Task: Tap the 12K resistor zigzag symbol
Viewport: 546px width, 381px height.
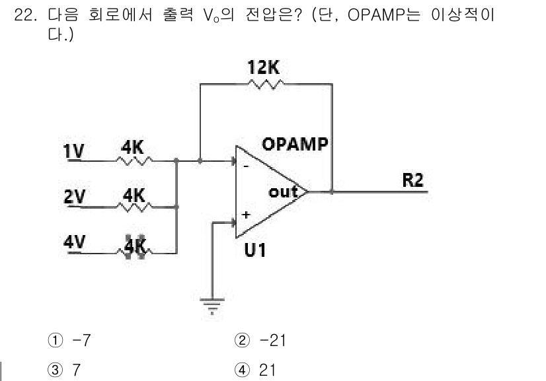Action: (x=266, y=84)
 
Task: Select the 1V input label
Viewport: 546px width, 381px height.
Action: (x=74, y=151)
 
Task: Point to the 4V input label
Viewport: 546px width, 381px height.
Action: (x=74, y=241)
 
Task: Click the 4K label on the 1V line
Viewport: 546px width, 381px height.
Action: (x=132, y=148)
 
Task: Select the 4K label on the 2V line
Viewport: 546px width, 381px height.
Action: (x=134, y=195)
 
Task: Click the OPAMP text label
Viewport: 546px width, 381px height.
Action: (x=295, y=144)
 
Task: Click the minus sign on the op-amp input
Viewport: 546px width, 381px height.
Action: (x=247, y=166)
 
